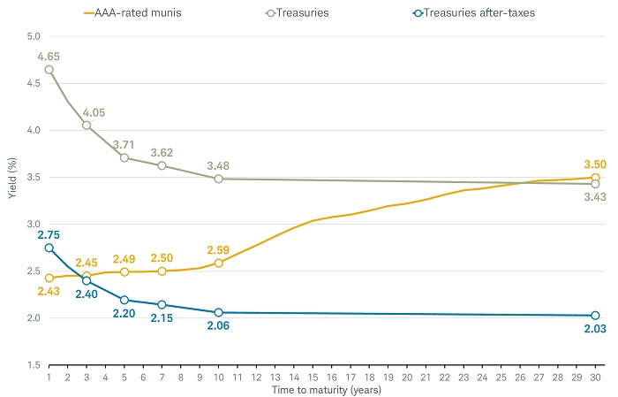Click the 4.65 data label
49,57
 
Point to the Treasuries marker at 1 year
49,69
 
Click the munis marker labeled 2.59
218,263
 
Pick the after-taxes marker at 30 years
595,316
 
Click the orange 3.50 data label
595,164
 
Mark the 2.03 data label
595,330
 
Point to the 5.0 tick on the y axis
34,36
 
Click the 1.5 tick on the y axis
34,364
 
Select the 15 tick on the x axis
313,376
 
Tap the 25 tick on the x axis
501,376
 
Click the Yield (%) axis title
11,201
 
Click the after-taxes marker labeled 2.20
124,300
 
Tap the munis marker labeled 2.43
49,278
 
